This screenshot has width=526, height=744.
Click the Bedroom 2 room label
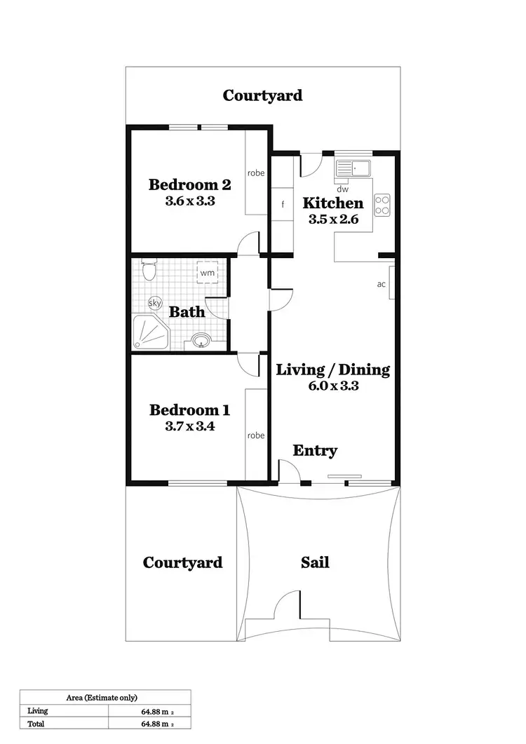tap(189, 185)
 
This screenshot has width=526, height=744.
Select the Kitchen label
tap(333, 203)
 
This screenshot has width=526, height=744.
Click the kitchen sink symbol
tap(354, 168)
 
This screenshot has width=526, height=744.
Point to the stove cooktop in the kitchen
tap(383, 204)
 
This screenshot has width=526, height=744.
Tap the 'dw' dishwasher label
tap(342, 189)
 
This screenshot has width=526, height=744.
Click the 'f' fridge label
tap(283, 205)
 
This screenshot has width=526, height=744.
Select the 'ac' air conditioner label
tap(382, 284)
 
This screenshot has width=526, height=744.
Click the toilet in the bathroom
tap(148, 269)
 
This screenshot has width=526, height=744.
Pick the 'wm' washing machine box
tap(207, 271)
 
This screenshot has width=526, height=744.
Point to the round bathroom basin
tap(202, 342)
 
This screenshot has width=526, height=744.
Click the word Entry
tap(315, 451)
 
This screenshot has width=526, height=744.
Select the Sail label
tap(315, 562)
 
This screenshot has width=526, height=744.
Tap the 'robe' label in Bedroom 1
tap(256, 435)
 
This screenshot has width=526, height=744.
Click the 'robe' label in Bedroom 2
tap(255, 173)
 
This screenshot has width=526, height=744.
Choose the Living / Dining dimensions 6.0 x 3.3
tap(332, 385)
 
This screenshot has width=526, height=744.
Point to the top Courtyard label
tap(262, 95)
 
